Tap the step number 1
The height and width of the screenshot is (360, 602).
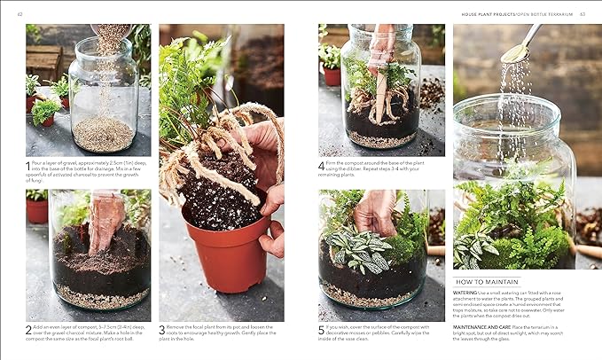pos(28,164)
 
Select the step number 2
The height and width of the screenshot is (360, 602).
pos(28,328)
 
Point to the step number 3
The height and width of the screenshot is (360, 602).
pos(162,328)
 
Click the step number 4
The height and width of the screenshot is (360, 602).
pos(322,164)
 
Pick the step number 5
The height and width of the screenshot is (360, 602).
pos(322,328)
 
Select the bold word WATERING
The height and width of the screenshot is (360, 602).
pos(466,292)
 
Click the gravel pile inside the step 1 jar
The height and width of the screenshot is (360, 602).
pos(102,133)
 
